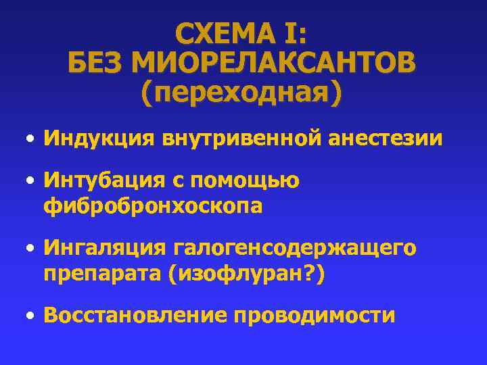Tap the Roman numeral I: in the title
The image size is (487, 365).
(x=295, y=34)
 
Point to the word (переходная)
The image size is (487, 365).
(x=241, y=93)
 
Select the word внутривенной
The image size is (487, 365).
(x=241, y=139)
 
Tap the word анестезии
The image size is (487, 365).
(x=386, y=139)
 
